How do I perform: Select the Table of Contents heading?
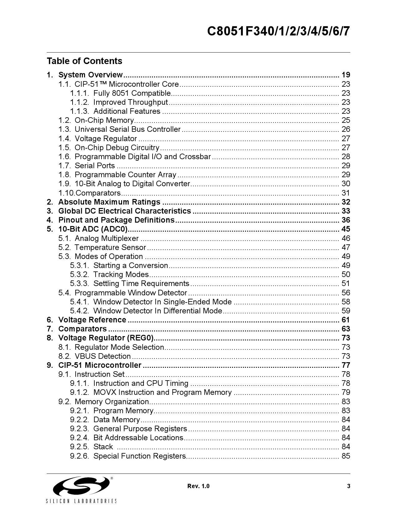coord(85,61)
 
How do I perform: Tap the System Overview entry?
coord(91,75)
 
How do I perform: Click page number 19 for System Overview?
coord(346,75)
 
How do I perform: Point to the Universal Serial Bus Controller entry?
coord(127,129)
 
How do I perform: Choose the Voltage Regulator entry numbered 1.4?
coord(106,139)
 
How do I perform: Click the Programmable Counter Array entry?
coord(125,175)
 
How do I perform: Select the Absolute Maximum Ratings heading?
coord(109,202)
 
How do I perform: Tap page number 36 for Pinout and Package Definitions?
coord(346,220)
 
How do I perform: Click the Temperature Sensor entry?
coord(110,247)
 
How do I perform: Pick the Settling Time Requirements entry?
coord(141,284)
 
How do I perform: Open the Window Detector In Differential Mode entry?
coord(158,311)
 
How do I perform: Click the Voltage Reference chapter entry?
coord(92,320)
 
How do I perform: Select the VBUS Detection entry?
coord(103,356)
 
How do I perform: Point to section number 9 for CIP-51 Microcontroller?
coord(50,365)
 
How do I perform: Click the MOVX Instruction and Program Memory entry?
coord(162,392)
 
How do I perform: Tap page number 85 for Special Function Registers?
coord(346,456)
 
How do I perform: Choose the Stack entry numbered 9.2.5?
coord(103,447)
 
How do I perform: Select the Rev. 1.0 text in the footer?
coord(198,486)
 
